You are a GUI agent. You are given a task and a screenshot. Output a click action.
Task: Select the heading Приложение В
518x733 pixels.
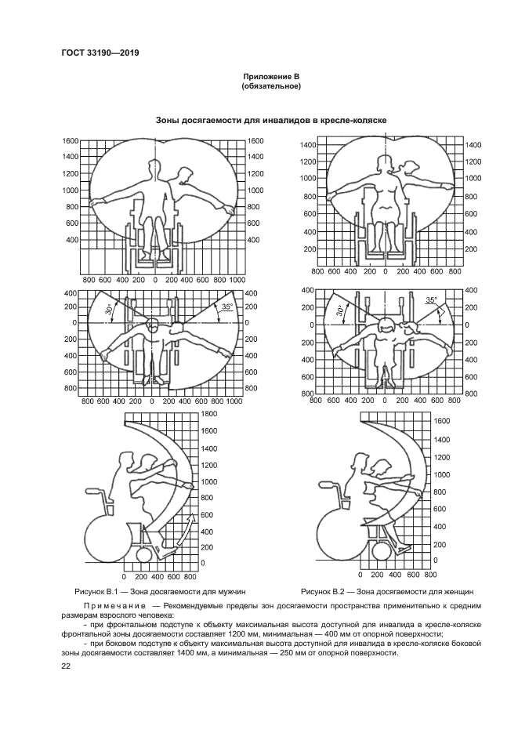click(272, 76)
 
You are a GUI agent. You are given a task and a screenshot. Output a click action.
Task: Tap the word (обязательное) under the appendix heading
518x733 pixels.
click(272, 86)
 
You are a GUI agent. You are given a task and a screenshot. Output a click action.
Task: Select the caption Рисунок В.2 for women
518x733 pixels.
click(388, 591)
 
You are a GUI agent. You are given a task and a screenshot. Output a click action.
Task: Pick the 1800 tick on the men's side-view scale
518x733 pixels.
click(209, 413)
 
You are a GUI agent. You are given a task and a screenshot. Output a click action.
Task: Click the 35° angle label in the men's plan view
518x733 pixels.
click(226, 307)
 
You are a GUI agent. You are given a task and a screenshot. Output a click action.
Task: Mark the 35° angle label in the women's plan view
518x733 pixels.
click(430, 300)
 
